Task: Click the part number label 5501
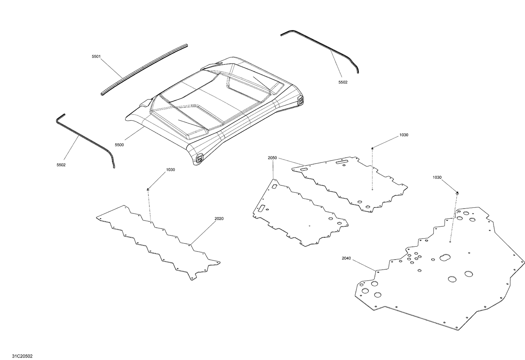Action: tap(96, 57)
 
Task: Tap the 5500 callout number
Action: tap(119, 144)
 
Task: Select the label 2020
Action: tap(219, 219)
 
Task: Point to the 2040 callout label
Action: tap(346, 259)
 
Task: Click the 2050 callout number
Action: tap(272, 158)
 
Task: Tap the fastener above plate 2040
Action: tap(457, 193)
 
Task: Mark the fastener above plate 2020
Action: tap(148, 189)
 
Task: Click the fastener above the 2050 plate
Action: tap(372, 148)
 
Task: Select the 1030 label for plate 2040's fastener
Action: tap(437, 177)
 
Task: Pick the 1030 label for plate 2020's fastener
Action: tap(170, 170)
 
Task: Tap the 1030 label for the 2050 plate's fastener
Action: tap(404, 135)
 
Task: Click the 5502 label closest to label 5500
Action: tap(61, 165)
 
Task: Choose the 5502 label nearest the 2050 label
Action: tap(343, 82)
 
